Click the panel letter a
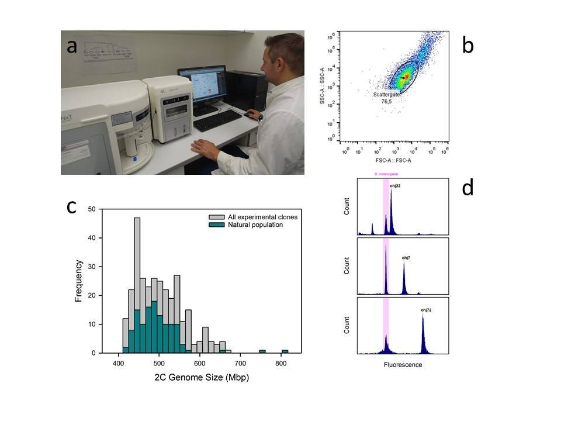point(72,47)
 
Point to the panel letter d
point(467,188)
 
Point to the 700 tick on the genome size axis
point(240,363)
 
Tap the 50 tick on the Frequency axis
point(92,209)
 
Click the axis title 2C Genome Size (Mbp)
point(202,378)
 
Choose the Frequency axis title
point(78,281)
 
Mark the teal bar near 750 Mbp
point(262,351)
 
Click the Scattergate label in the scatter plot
point(386,94)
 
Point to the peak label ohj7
point(406,257)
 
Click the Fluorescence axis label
point(403,365)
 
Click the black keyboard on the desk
point(217,120)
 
